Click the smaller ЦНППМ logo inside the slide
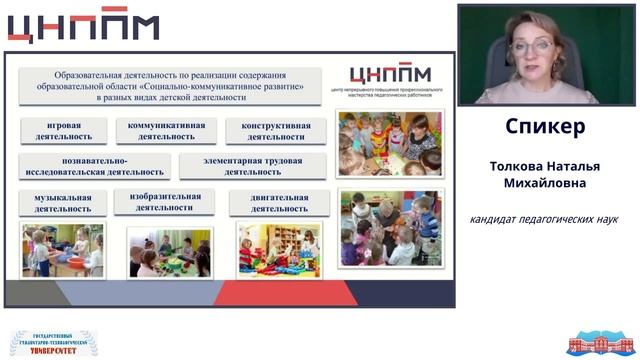coord(389,76)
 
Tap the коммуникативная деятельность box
coord(166,131)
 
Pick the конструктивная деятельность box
coord(268,132)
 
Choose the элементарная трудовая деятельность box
coord(252,165)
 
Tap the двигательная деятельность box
coord(269,203)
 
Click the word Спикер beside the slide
coord(545,128)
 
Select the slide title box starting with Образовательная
coord(171,86)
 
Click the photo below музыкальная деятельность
coord(63,250)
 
